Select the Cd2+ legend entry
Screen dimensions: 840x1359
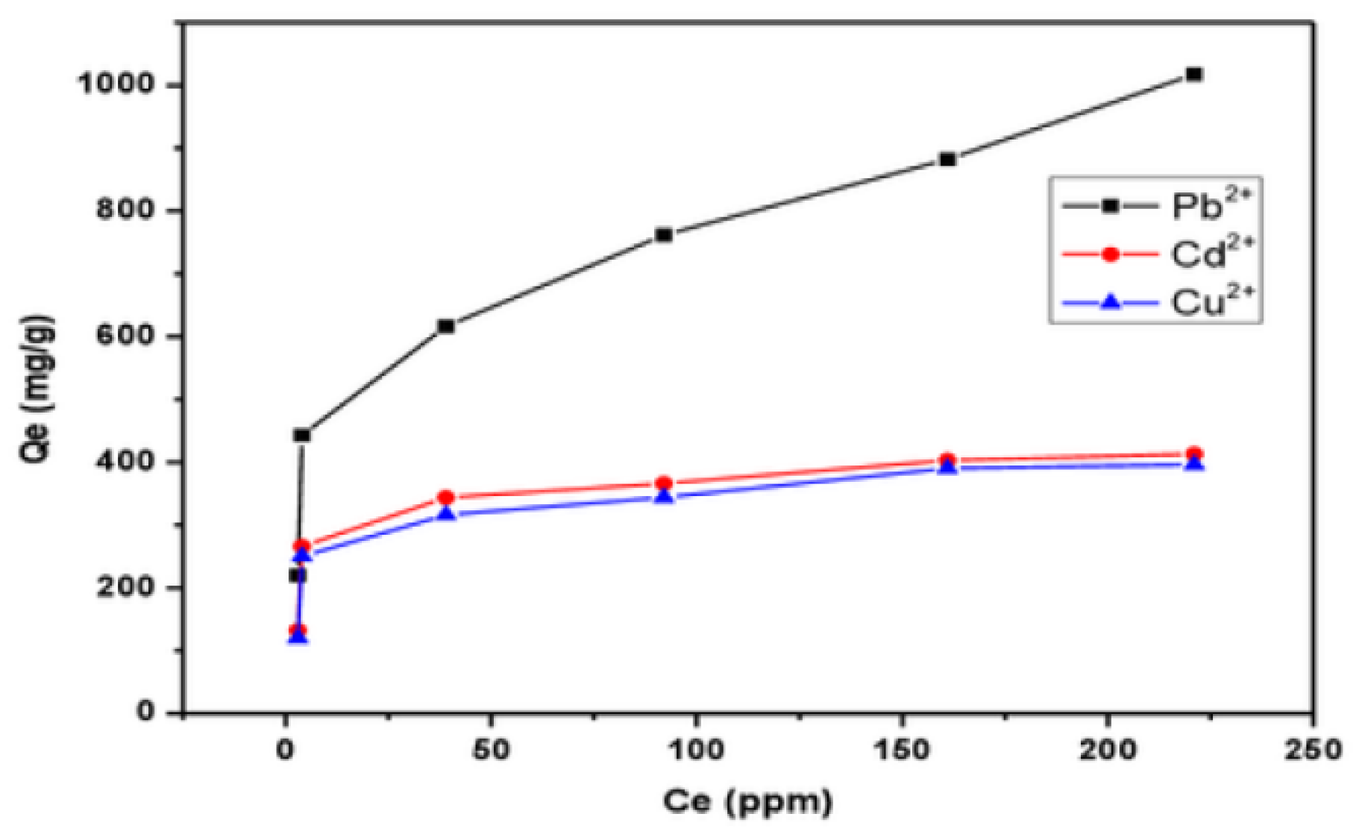pos(1155,254)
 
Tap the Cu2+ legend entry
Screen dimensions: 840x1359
pos(1155,302)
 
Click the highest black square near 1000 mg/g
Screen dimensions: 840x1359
pos(1193,75)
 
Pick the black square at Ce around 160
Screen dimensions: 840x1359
pos(947,159)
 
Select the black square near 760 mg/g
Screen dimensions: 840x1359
pos(663,235)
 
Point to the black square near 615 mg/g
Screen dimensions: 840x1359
pos(446,326)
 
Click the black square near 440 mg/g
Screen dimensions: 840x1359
pos(302,435)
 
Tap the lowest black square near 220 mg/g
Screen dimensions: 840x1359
pos(297,575)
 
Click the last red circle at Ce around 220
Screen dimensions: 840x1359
pos(1193,454)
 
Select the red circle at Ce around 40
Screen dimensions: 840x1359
pos(446,497)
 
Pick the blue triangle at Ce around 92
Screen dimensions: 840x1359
pos(663,496)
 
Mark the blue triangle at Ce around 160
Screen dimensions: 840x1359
pos(947,466)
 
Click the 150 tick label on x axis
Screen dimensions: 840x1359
pos(902,750)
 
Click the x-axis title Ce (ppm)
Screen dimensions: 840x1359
pos(747,802)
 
